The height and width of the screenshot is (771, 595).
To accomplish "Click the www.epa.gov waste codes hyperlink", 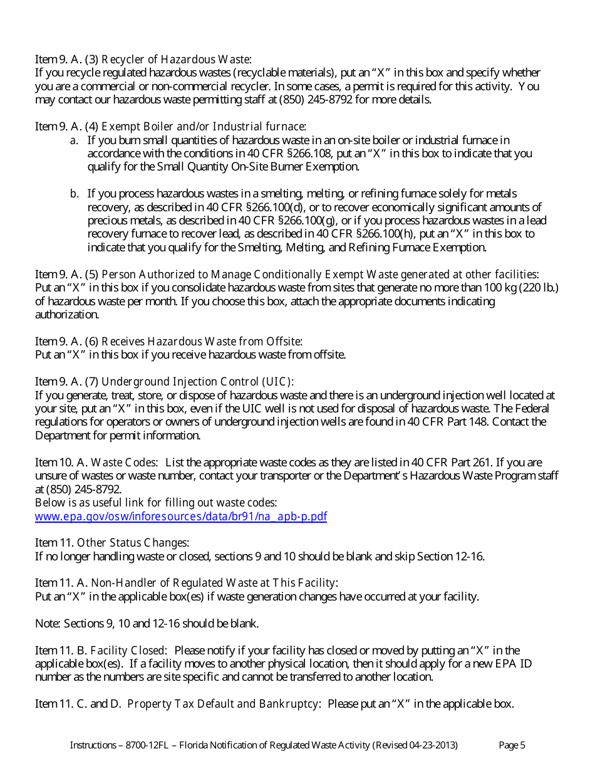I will tap(181, 517).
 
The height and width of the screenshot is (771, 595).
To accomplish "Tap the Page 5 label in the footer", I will tap(512, 745).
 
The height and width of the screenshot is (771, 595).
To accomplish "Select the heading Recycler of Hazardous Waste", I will tap(176, 60).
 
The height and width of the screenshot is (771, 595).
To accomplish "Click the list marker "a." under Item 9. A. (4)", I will tap(74, 140).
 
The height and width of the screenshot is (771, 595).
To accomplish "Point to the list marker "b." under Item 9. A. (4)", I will tap(74, 194).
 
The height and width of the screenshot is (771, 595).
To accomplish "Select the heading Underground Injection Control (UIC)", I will tap(197, 382).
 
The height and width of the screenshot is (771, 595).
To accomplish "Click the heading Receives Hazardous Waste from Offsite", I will tap(202, 342).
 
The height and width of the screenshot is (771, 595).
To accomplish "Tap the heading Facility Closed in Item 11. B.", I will tap(128, 651).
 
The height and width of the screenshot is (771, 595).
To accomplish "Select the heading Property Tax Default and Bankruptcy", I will tap(224, 704).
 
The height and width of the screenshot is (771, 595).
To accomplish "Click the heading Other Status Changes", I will tap(133, 543).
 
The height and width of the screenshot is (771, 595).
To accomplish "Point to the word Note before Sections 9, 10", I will tap(46, 624).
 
